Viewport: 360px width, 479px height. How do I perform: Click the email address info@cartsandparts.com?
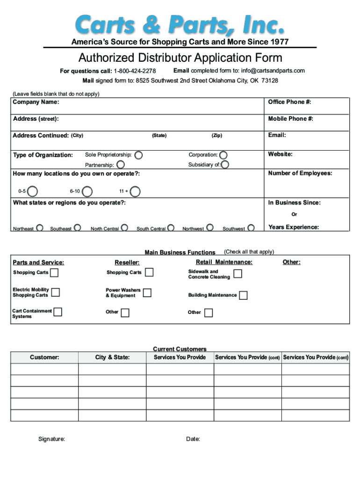[273, 71]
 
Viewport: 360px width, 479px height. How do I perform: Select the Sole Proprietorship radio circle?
[139, 155]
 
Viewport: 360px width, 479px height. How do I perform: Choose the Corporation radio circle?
[223, 155]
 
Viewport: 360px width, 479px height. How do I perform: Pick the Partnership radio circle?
[120, 165]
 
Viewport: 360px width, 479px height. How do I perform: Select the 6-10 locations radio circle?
[86, 191]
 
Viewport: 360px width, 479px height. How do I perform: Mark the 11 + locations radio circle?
[135, 191]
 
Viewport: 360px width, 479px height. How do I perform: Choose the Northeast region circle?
[40, 228]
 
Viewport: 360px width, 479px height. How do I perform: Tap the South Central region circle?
[171, 228]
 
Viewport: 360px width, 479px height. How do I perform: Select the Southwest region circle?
[251, 228]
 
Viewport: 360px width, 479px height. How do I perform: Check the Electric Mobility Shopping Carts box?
[55, 292]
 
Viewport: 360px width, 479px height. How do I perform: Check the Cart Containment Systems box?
[58, 312]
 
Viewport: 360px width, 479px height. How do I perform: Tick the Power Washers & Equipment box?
[147, 293]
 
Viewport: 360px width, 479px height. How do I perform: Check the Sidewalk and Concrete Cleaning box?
[238, 274]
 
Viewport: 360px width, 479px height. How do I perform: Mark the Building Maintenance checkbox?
[243, 295]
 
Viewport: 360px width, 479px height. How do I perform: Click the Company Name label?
[36, 102]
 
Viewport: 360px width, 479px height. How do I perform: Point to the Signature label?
[51, 439]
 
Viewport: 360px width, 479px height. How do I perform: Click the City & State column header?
[112, 357]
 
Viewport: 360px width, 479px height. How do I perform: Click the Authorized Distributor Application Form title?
[180, 58]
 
